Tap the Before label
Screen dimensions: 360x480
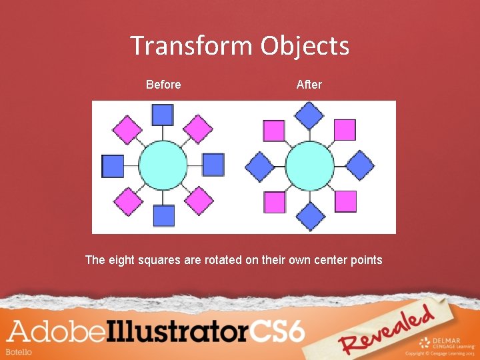tap(163, 85)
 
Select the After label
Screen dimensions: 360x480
tap(309, 85)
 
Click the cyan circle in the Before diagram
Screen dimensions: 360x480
tap(163, 165)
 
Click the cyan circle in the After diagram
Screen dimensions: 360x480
tap(309, 165)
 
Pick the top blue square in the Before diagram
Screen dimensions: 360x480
tap(163, 115)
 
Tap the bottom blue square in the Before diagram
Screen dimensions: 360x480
tap(163, 215)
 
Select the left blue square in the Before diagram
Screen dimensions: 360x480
tap(113, 165)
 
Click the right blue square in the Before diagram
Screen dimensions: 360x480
tap(213, 165)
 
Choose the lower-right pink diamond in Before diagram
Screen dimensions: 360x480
tap(199, 201)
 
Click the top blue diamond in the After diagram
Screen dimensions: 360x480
tap(309, 115)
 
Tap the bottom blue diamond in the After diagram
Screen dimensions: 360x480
tap(309, 216)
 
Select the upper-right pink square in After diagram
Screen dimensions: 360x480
tap(345, 129)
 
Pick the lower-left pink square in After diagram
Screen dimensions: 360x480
tap(274, 201)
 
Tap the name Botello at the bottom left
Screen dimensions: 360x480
tap(19, 351)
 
